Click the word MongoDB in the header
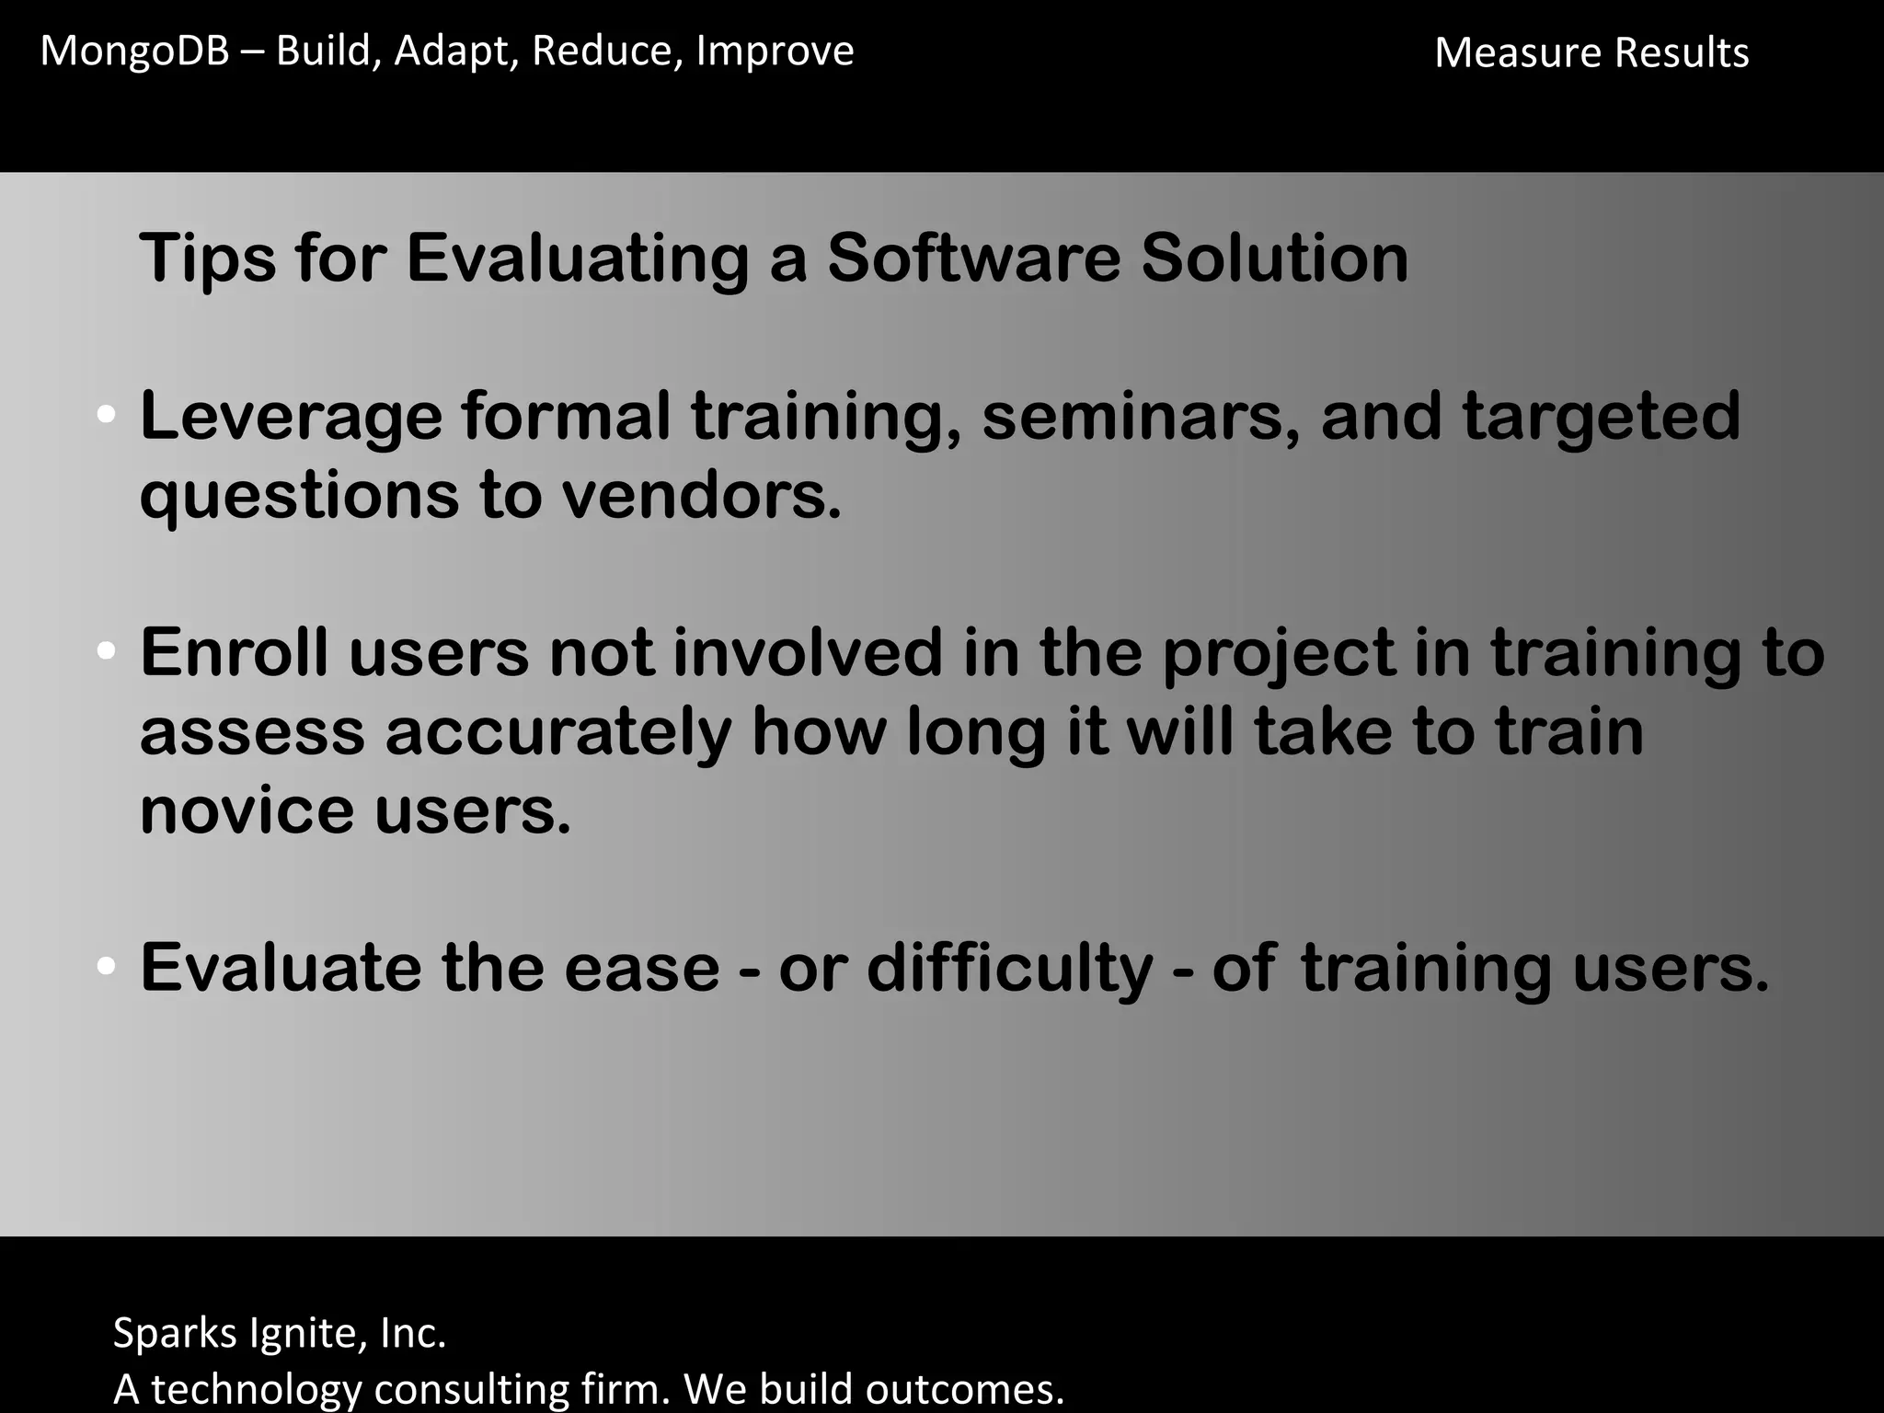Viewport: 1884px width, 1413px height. [134, 52]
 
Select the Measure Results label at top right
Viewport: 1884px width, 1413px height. [1591, 53]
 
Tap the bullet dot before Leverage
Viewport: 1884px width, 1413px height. [106, 416]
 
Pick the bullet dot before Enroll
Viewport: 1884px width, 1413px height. [106, 652]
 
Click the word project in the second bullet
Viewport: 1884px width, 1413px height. [1279, 655]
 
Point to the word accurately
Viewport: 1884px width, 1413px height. [557, 734]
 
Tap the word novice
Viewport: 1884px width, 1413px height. [247, 811]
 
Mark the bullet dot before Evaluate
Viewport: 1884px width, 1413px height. [106, 967]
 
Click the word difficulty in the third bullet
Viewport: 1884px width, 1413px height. [1009, 970]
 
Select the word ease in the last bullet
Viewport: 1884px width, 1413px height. [641, 970]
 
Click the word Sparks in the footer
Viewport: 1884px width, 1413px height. [175, 1334]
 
